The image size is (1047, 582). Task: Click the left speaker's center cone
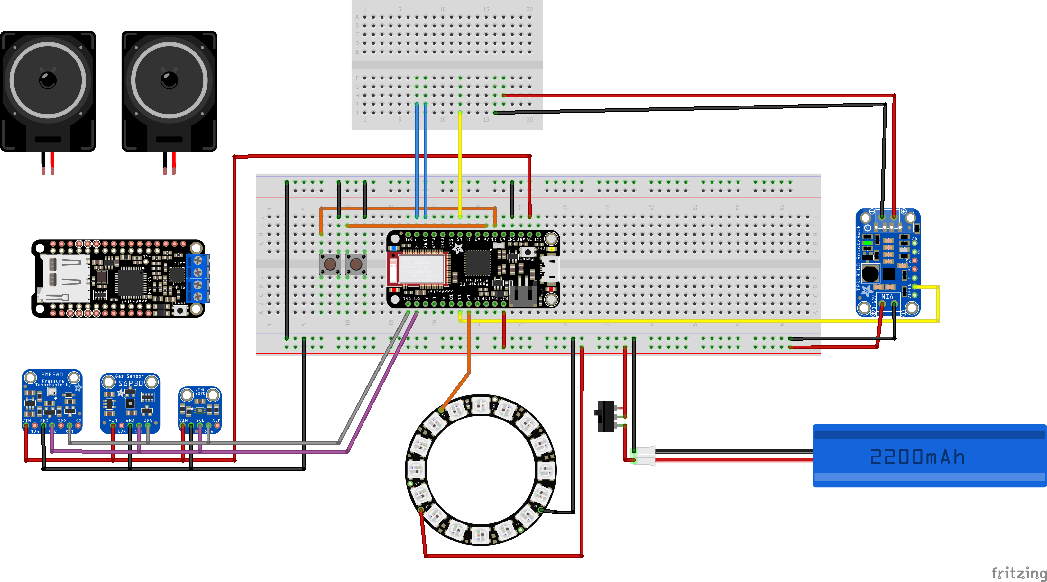48,80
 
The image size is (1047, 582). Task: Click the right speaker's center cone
169,80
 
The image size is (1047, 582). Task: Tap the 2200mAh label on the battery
917,457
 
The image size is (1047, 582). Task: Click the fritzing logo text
1018,573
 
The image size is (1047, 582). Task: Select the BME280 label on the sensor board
52,374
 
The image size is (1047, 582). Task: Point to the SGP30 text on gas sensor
131,383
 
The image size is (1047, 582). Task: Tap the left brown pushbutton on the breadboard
330,264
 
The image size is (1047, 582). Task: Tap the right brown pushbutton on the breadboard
356,264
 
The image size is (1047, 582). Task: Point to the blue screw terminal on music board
198,278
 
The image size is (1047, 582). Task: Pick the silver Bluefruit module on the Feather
421,268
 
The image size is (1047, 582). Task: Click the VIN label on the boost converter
887,297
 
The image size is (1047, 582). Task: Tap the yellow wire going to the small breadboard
460,162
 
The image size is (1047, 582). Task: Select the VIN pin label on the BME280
26,420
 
